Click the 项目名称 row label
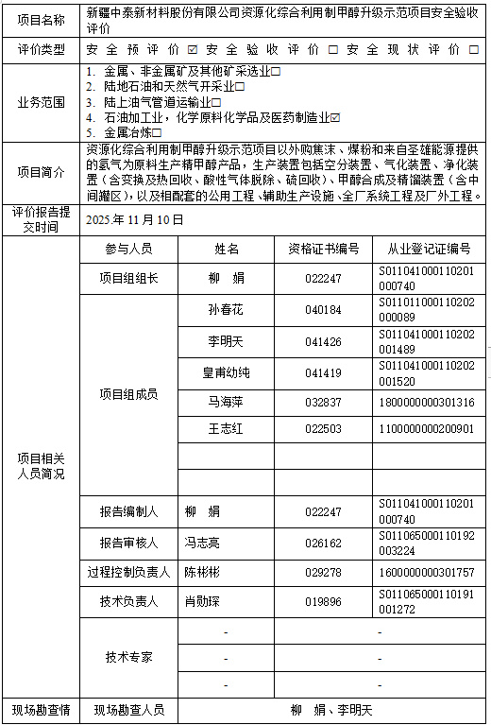[42, 19]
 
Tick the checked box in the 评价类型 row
[193, 49]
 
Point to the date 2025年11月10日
[134, 219]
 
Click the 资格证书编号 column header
[323, 249]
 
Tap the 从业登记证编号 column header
[429, 249]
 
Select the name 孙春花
[226, 309]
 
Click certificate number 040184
[323, 310]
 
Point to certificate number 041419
[323, 372]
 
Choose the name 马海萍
[226, 402]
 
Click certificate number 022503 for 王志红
[323, 428]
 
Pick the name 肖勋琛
[202, 601]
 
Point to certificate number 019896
[323, 601]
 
